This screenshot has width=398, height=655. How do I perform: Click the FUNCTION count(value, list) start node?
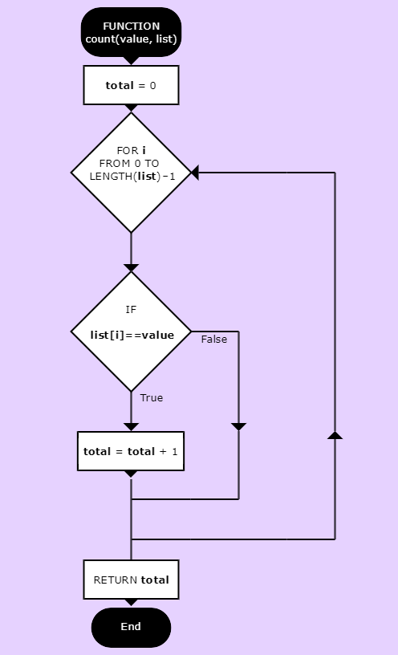pos(131,32)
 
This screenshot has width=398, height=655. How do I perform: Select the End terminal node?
pos(131,627)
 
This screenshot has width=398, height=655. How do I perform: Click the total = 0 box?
pos(131,85)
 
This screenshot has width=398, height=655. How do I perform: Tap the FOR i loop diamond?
pos(131,173)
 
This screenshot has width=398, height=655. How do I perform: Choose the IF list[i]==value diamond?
pos(131,332)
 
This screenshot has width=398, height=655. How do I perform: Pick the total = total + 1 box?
pos(131,451)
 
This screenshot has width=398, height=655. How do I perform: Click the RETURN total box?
pos(131,580)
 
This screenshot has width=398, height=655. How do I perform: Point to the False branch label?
pos(214,340)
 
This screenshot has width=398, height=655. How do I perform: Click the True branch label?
pos(152,397)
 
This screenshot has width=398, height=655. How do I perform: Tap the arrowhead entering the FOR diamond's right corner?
pos(195,173)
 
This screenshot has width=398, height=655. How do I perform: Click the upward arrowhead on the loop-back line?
pos(335,435)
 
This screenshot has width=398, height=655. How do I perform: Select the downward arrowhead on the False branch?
pos(239,427)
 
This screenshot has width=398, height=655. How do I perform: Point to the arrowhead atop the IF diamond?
pos(131,268)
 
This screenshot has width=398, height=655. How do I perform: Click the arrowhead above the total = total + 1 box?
pos(131,427)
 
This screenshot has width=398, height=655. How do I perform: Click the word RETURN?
pos(116,580)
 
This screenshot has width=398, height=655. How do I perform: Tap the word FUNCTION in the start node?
pos(131,26)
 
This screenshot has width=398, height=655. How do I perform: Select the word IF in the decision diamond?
pos(131,310)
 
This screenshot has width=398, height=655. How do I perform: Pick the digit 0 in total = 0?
pos(152,86)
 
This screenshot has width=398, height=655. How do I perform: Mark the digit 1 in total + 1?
pos(175,452)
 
